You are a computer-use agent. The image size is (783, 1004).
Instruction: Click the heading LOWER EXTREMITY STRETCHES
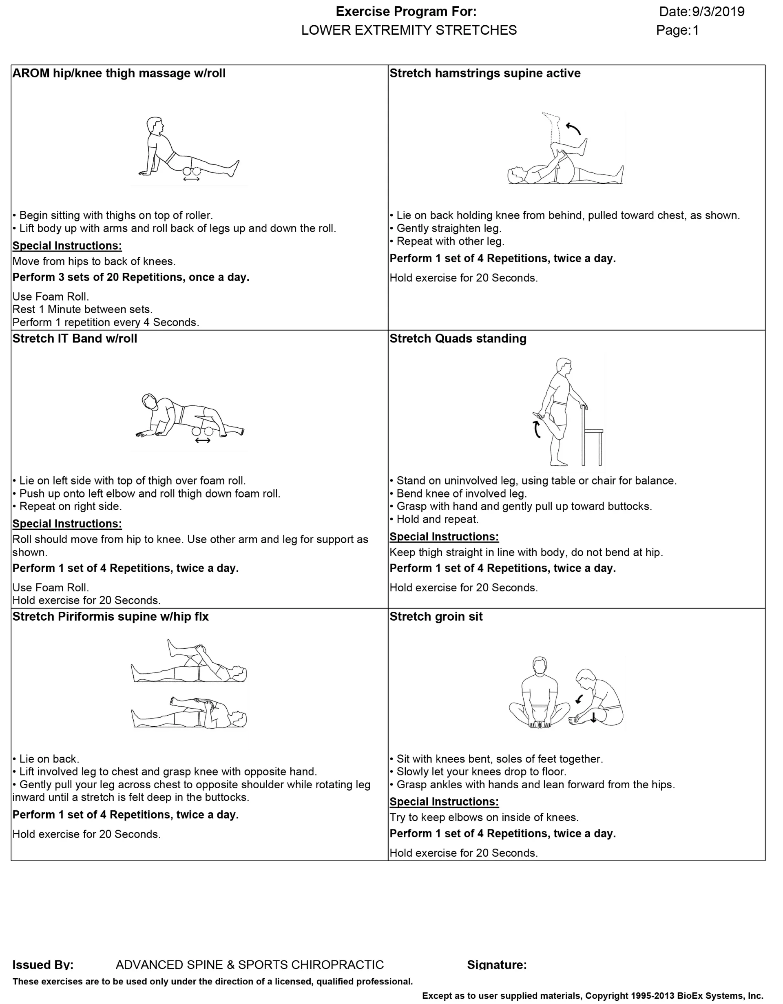pos(409,30)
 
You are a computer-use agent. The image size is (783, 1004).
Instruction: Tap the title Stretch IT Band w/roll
pos(75,339)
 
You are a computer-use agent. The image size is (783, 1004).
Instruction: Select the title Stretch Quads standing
pos(458,339)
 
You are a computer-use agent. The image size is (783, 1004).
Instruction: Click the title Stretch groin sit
pos(436,617)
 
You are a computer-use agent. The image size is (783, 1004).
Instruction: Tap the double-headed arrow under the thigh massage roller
pos(191,179)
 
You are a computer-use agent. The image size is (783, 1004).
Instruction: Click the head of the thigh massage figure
pos(155,125)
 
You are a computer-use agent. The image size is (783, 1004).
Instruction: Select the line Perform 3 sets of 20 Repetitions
pos(130,278)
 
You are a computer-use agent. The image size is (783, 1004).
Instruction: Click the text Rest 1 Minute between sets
pos(82,310)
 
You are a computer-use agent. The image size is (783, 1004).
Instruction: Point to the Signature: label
pos(497,965)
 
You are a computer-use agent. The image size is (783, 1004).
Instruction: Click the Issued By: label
pos(43,965)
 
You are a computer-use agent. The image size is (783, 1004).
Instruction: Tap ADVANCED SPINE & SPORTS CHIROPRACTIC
pos(250,965)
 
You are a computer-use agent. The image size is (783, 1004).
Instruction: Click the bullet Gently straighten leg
pos(448,228)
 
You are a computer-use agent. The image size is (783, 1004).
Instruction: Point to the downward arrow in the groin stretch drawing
pos(594,717)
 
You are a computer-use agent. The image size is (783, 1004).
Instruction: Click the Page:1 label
pos(677,30)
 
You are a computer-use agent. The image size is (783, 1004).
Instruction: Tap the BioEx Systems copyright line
pos(592,996)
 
